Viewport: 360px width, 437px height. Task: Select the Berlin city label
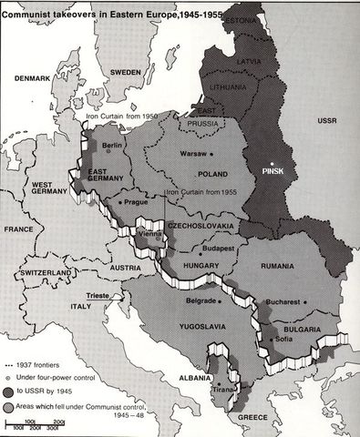[x=113, y=145]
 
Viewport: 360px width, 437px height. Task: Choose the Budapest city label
[x=219, y=247]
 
